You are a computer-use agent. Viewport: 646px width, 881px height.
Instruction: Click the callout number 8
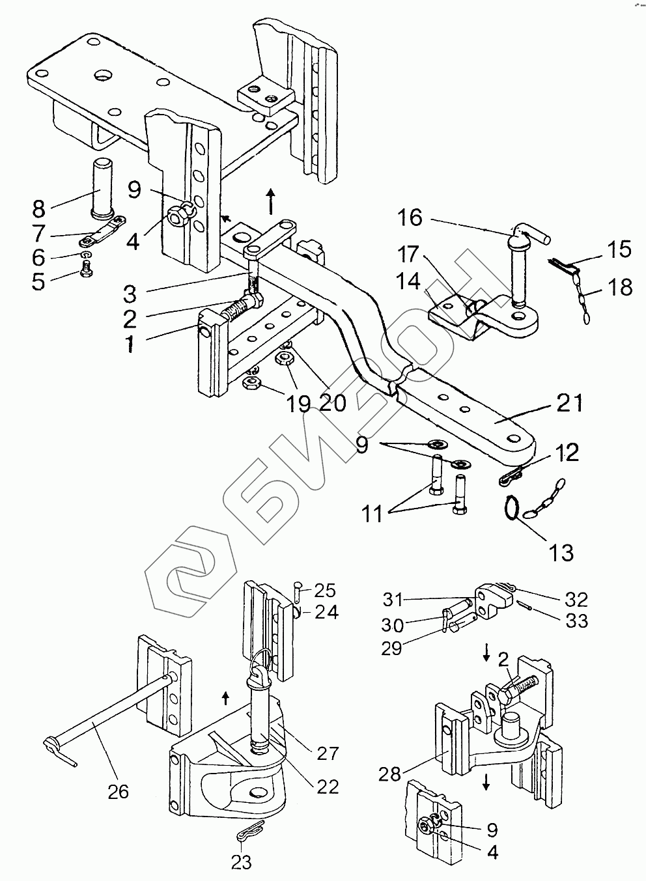coord(39,209)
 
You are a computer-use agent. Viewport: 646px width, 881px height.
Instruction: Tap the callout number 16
coord(410,217)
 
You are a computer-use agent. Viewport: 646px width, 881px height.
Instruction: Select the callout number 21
coord(569,403)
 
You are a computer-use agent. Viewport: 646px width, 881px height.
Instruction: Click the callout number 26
coord(119,792)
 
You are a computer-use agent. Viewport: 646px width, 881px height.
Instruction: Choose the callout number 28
coord(389,774)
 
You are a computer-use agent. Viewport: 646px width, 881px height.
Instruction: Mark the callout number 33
coord(577,622)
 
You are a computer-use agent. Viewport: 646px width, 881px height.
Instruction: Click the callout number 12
coord(567,453)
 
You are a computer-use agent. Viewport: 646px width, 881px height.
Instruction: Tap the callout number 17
coord(408,254)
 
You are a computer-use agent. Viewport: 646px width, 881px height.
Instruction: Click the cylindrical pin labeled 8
coord(103,188)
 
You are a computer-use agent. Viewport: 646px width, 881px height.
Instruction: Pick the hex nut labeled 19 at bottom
coord(251,382)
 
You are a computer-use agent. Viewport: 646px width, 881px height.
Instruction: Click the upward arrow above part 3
coord(271,201)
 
